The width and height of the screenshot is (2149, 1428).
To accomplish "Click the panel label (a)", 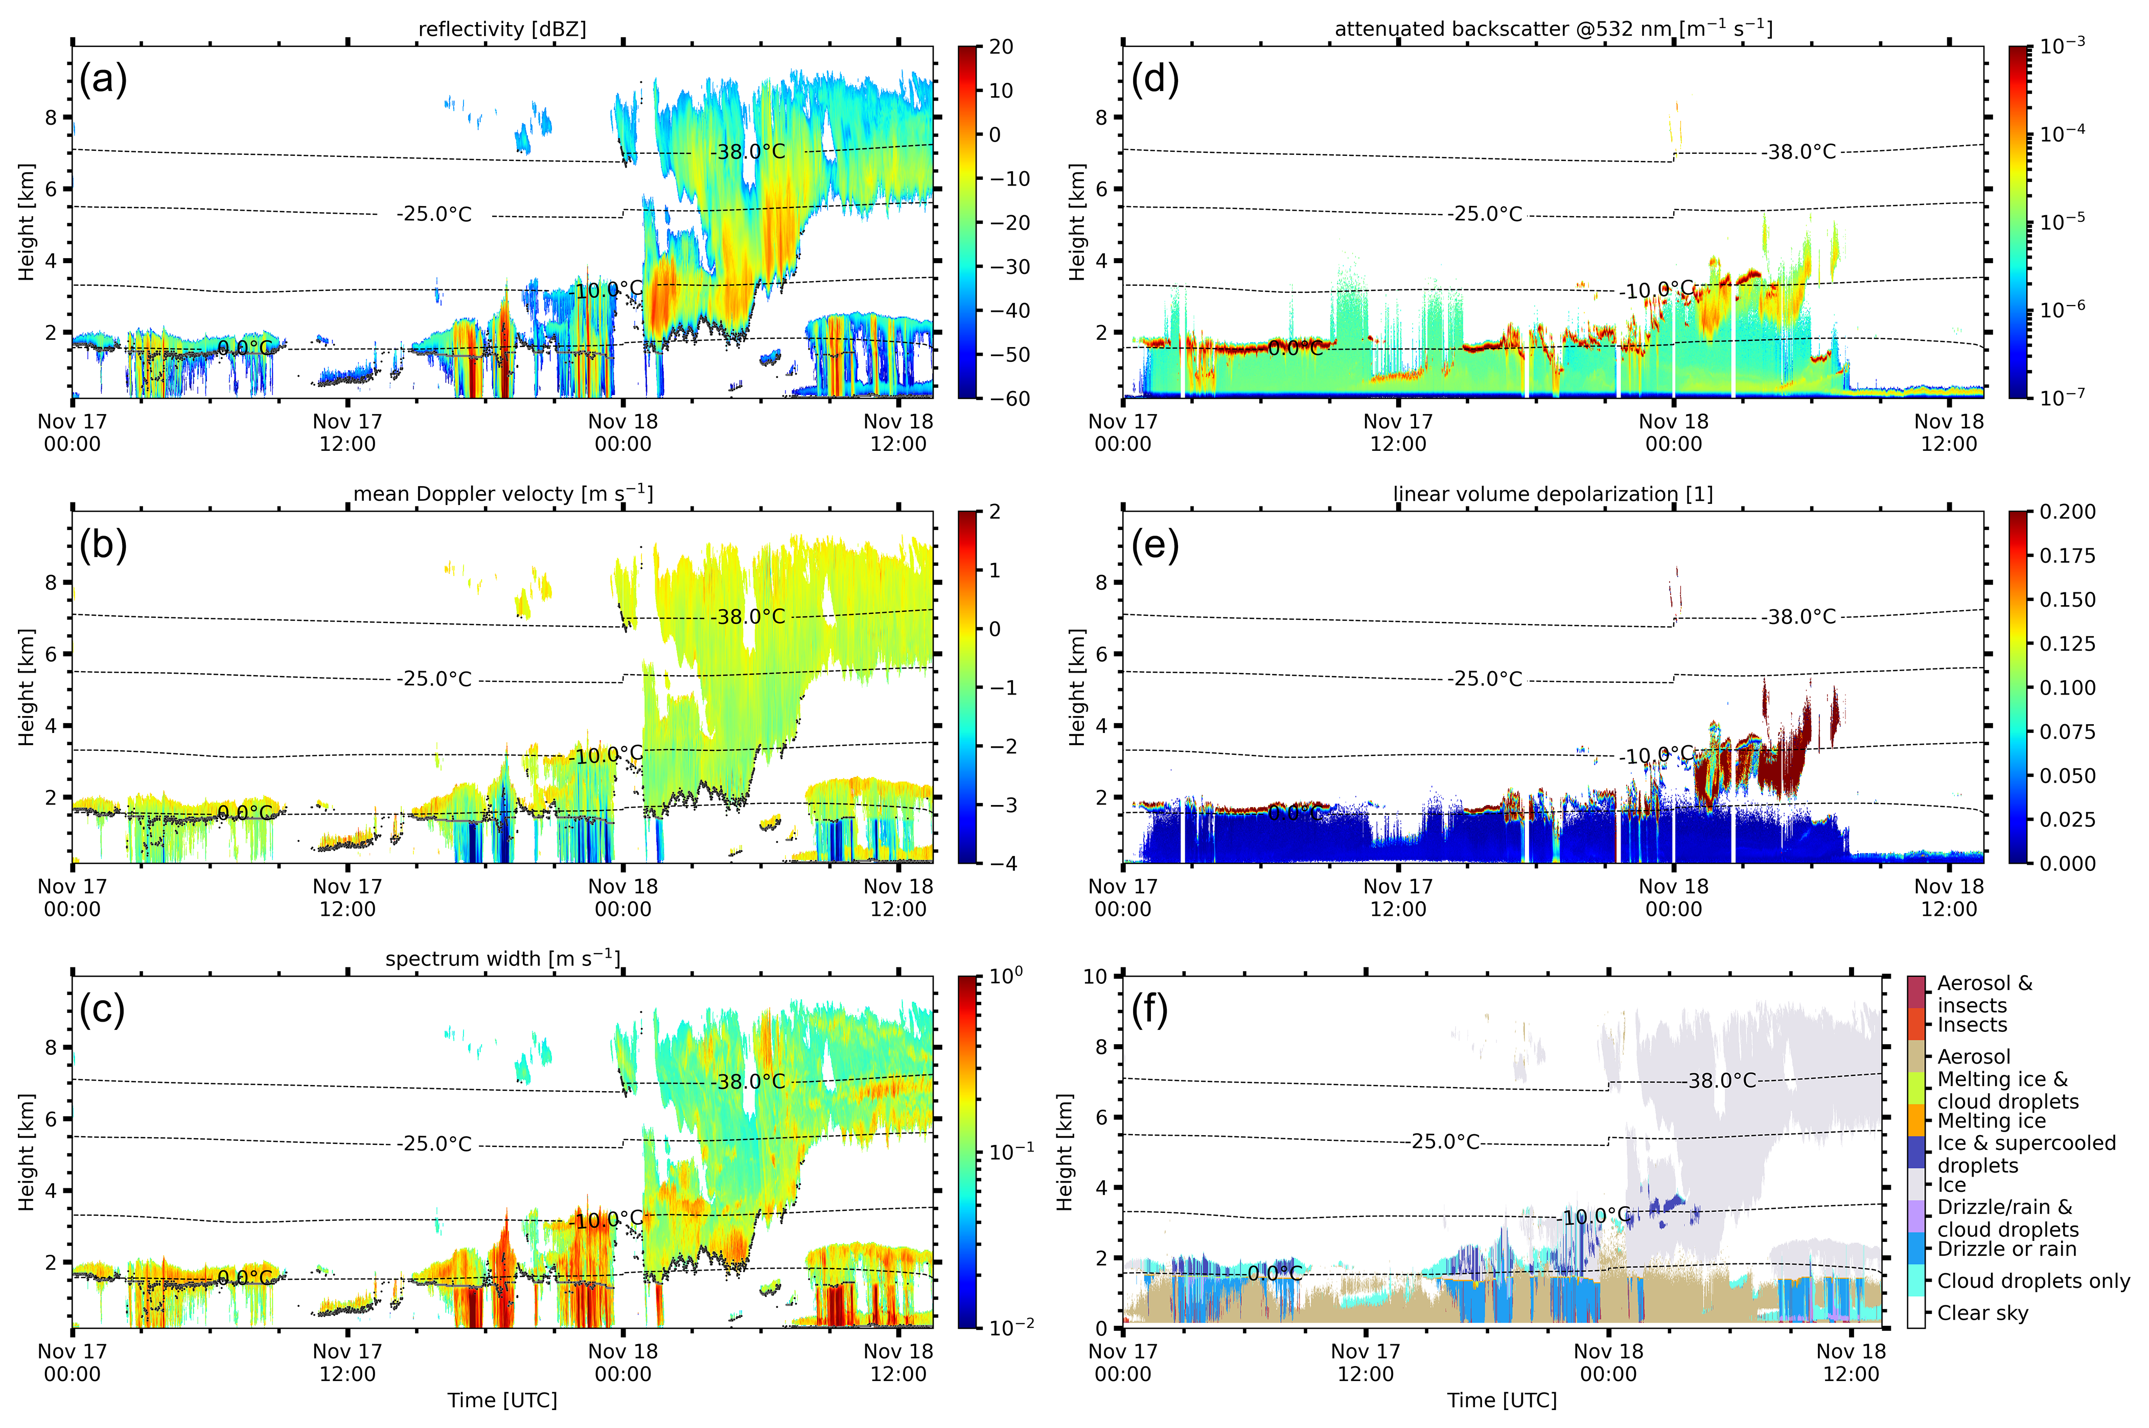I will coord(103,79).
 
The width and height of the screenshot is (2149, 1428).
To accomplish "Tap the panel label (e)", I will coord(1154,545).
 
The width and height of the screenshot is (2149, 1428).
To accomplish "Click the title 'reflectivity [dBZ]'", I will coord(502,29).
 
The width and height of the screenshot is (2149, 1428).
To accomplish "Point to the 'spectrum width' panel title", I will coord(502,959).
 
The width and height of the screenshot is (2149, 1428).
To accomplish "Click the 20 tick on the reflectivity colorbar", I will coord(1001,47).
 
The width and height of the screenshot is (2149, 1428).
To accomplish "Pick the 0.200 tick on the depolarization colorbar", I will coord(2067,512).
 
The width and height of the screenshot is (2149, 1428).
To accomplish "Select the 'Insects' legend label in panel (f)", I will coord(1972,1025).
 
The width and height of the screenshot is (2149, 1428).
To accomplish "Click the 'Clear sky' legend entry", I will coord(1982,1312).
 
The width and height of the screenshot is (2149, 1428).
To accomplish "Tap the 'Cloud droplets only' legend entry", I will coord(2032,1280).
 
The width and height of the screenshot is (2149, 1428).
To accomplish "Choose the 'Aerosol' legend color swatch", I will coord(1916,1056).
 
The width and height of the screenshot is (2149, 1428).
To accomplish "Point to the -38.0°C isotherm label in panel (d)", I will coord(1800,152).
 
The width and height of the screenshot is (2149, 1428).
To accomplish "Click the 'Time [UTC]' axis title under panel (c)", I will coord(502,1400).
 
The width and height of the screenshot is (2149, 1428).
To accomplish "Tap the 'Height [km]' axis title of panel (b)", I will coord(27,687).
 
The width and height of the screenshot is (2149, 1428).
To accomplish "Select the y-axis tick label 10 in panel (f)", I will coord(1095,976).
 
